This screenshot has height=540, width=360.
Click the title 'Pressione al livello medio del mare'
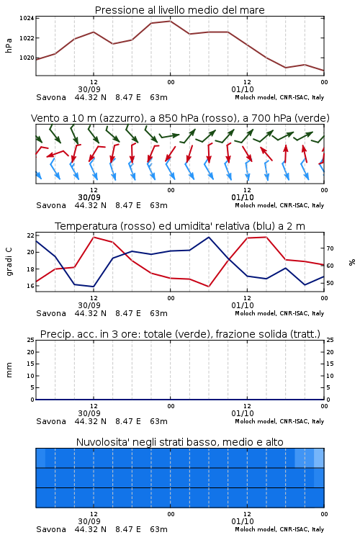[x=179, y=10]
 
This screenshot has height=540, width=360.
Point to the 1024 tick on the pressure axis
[x=27, y=18]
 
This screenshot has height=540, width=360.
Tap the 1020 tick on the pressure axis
[x=27, y=58]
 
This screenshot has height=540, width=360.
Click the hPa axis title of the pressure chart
[x=9, y=45]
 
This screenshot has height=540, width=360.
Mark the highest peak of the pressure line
[x=170, y=21]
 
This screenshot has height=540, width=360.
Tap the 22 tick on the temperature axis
[x=30, y=235]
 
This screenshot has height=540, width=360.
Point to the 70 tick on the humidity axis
[x=330, y=248]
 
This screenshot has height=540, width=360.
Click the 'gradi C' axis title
[x=9, y=261]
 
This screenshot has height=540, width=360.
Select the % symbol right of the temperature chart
[x=352, y=262]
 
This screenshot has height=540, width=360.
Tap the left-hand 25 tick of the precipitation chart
[x=30, y=340]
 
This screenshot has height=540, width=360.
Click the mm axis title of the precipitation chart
[x=9, y=369]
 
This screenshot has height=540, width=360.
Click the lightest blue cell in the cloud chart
[x=319, y=458]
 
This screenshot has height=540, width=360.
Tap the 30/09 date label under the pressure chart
[x=89, y=89]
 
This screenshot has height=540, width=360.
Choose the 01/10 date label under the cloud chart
[x=243, y=521]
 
